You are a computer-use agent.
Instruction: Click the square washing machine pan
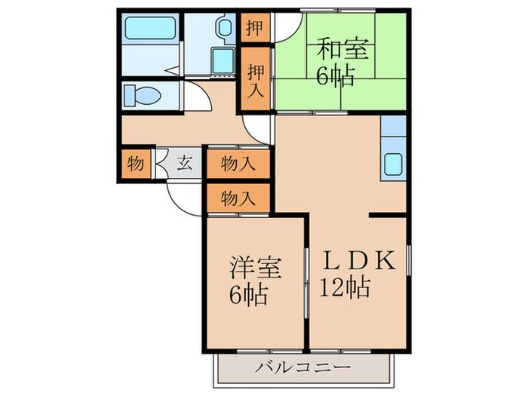[223, 62]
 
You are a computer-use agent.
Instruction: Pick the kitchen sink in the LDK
[394, 162]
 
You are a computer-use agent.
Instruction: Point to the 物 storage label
[136, 163]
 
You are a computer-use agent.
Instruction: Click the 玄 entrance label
[184, 163]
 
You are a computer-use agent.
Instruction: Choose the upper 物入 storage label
[237, 163]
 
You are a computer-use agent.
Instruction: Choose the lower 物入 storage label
[237, 198]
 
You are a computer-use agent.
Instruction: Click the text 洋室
[256, 268]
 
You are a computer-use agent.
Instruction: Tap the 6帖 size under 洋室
[248, 295]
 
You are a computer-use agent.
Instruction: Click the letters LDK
[359, 260]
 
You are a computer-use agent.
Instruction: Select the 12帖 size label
[344, 287]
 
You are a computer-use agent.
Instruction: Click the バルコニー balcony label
[302, 368]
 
